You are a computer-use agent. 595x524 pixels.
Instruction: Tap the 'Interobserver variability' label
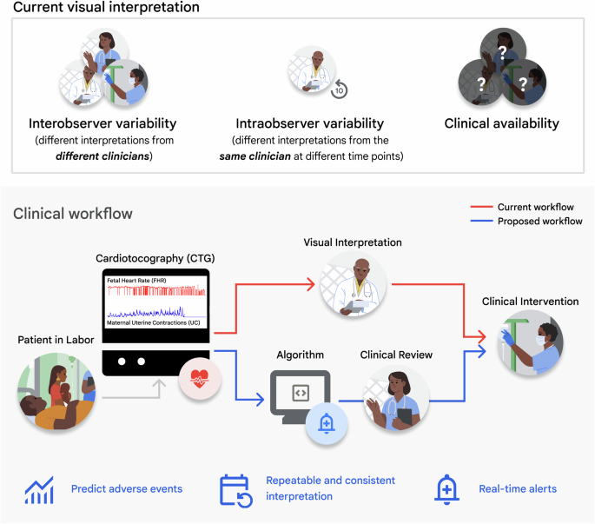[102, 123]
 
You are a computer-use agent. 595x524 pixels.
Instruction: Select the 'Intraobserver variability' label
[309, 123]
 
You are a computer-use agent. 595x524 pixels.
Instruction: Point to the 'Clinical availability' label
[501, 123]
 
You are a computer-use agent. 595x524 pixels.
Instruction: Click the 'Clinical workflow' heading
[73, 214]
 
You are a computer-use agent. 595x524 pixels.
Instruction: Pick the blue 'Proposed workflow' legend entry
[539, 222]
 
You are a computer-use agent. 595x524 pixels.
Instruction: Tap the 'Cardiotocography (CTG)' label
[155, 259]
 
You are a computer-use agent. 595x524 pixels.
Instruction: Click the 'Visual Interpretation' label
[352, 242]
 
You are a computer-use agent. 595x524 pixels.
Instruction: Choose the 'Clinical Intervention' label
[530, 302]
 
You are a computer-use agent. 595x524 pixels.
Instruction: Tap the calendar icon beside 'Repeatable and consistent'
[235, 488]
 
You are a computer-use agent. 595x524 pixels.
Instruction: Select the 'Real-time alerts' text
[518, 488]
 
